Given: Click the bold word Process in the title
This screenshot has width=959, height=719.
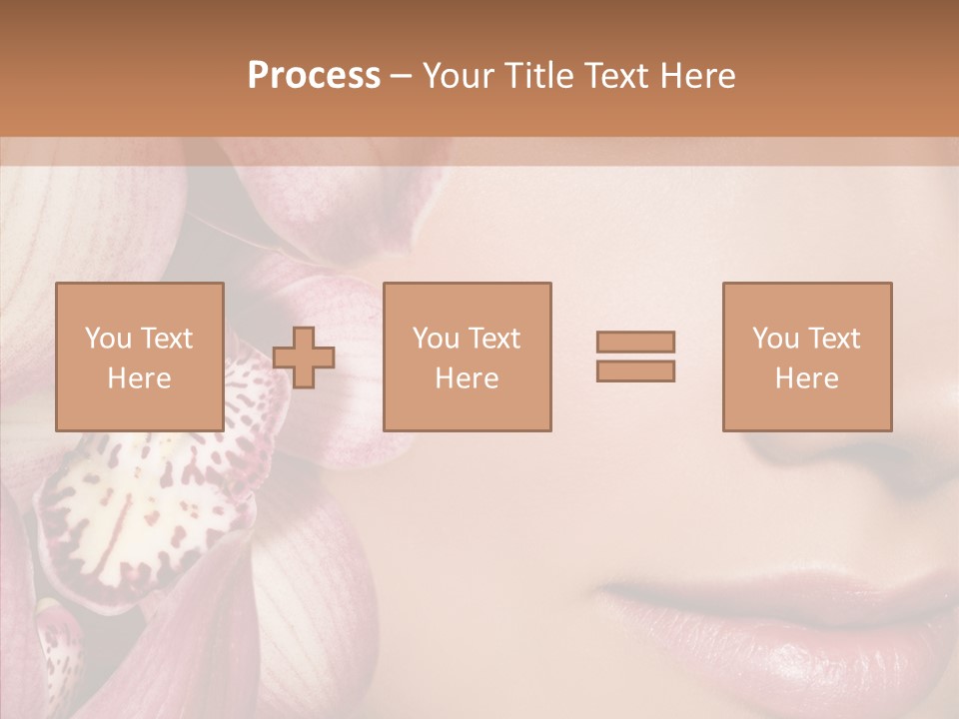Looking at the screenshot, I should [314, 76].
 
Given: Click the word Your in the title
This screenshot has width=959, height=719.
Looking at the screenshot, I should [459, 76].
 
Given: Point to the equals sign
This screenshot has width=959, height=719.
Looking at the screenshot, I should [635, 357].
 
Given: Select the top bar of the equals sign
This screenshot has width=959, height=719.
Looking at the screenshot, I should [635, 343].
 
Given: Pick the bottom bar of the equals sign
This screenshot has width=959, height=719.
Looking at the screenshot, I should [635, 370].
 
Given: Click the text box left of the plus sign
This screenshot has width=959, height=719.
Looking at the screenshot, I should [139, 357].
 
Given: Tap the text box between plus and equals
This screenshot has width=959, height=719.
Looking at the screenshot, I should [467, 357].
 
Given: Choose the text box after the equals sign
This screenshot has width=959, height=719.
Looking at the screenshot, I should [806, 357].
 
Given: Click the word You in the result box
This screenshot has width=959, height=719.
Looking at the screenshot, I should [775, 339].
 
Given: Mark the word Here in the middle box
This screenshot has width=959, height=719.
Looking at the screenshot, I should [467, 378].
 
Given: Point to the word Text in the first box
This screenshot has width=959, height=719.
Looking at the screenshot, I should [167, 339].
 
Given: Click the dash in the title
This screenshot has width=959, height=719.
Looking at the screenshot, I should [402, 76].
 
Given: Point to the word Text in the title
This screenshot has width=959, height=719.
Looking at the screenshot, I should [613, 76].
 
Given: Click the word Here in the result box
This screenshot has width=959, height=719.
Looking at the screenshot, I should [806, 378].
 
